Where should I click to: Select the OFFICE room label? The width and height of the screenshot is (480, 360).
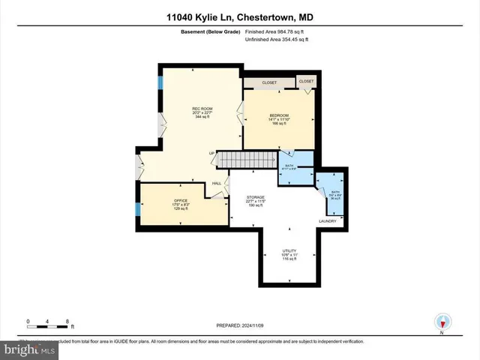pos(180,200)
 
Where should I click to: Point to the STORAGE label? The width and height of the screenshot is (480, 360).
pos(256,196)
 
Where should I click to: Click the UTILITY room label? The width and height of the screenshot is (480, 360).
pos(289,251)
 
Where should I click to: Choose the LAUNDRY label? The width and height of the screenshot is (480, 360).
pos(328,221)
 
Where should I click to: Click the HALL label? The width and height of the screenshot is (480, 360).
pos(217,183)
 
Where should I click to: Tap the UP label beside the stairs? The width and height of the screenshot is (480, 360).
pos(211,154)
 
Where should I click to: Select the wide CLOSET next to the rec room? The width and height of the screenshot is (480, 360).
pos(268,82)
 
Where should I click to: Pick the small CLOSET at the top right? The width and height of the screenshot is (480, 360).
pos(306,81)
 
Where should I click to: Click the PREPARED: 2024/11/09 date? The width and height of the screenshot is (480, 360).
pos(239,325)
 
